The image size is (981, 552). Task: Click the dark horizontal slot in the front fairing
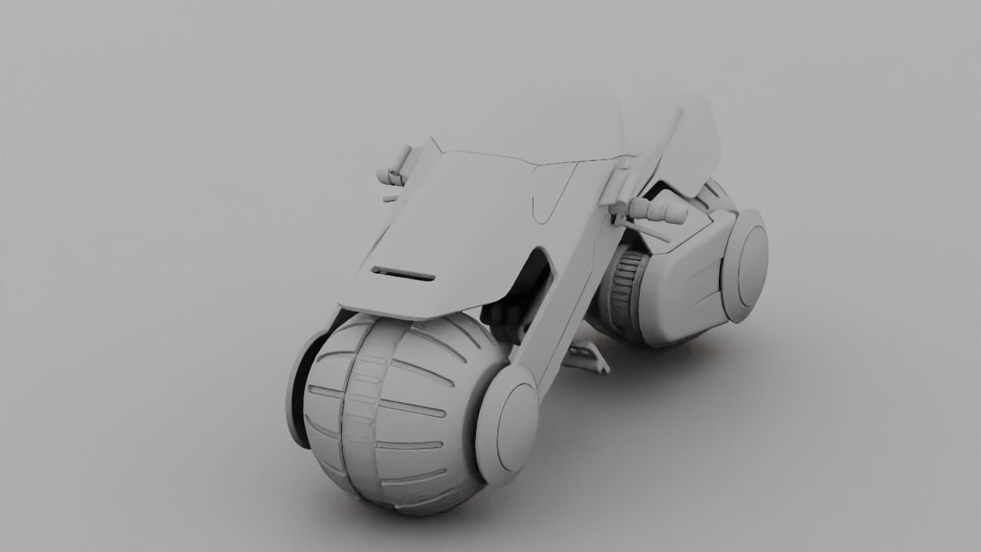click(403, 273)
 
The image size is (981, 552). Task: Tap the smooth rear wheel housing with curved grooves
click(682, 284)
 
